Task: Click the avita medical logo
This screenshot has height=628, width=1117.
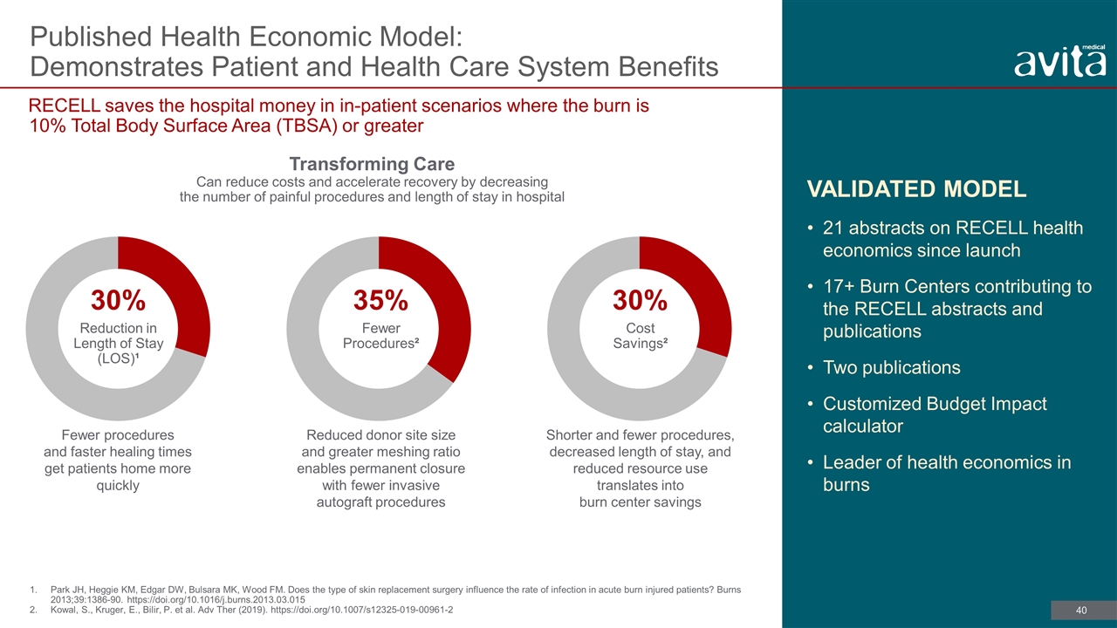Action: (1059, 61)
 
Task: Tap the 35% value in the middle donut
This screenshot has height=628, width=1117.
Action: (380, 300)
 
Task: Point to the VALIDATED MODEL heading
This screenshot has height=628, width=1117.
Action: (916, 189)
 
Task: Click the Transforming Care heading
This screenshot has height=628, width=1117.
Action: (372, 164)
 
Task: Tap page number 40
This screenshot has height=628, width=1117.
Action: (1081, 610)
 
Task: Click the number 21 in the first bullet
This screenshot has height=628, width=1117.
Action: (833, 228)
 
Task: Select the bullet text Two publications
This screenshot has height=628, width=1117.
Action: (892, 367)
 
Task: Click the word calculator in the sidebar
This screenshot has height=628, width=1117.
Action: (863, 427)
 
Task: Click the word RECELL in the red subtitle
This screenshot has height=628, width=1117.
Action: (65, 106)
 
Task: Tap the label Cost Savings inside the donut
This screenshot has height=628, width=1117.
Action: (641, 336)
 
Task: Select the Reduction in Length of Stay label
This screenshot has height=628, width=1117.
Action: (118, 343)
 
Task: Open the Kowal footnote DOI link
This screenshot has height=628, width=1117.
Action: (361, 610)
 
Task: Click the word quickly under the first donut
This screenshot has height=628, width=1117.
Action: (118, 486)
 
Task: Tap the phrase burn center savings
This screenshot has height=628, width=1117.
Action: (641, 502)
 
